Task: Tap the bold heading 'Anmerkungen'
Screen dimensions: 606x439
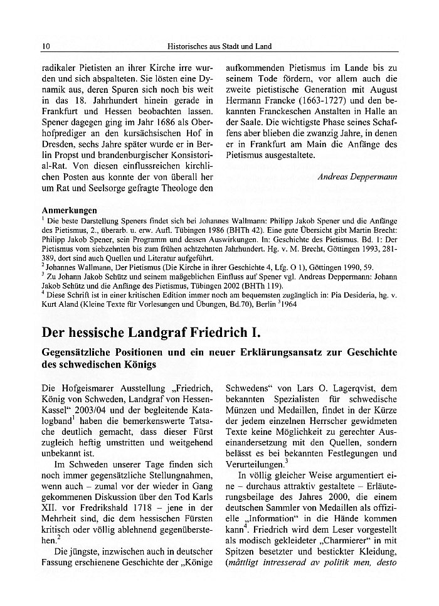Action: pyautogui.click(x=69, y=210)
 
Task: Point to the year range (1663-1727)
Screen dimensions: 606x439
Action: pyautogui.click(x=352, y=104)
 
